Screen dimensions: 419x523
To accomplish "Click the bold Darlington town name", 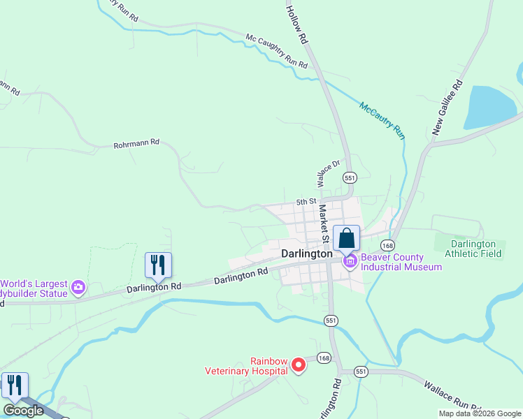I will (306, 254).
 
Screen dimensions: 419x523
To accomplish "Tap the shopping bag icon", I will (346, 239).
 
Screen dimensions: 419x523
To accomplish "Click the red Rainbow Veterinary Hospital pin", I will (299, 365).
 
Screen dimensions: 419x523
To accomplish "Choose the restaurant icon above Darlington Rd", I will (158, 265).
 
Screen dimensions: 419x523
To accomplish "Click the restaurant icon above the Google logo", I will (15, 385).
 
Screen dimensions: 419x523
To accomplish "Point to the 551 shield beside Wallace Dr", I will (350, 177).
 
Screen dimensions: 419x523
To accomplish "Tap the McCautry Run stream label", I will (382, 120).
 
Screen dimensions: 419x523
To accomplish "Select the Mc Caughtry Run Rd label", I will (276, 51).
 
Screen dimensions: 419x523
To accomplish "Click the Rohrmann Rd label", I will (136, 143).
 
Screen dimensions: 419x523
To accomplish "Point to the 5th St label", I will (306, 202).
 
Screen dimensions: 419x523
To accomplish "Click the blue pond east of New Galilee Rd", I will (492, 106).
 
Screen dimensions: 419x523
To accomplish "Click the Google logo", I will (23, 411).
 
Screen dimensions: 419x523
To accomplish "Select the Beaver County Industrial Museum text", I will (401, 262).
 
